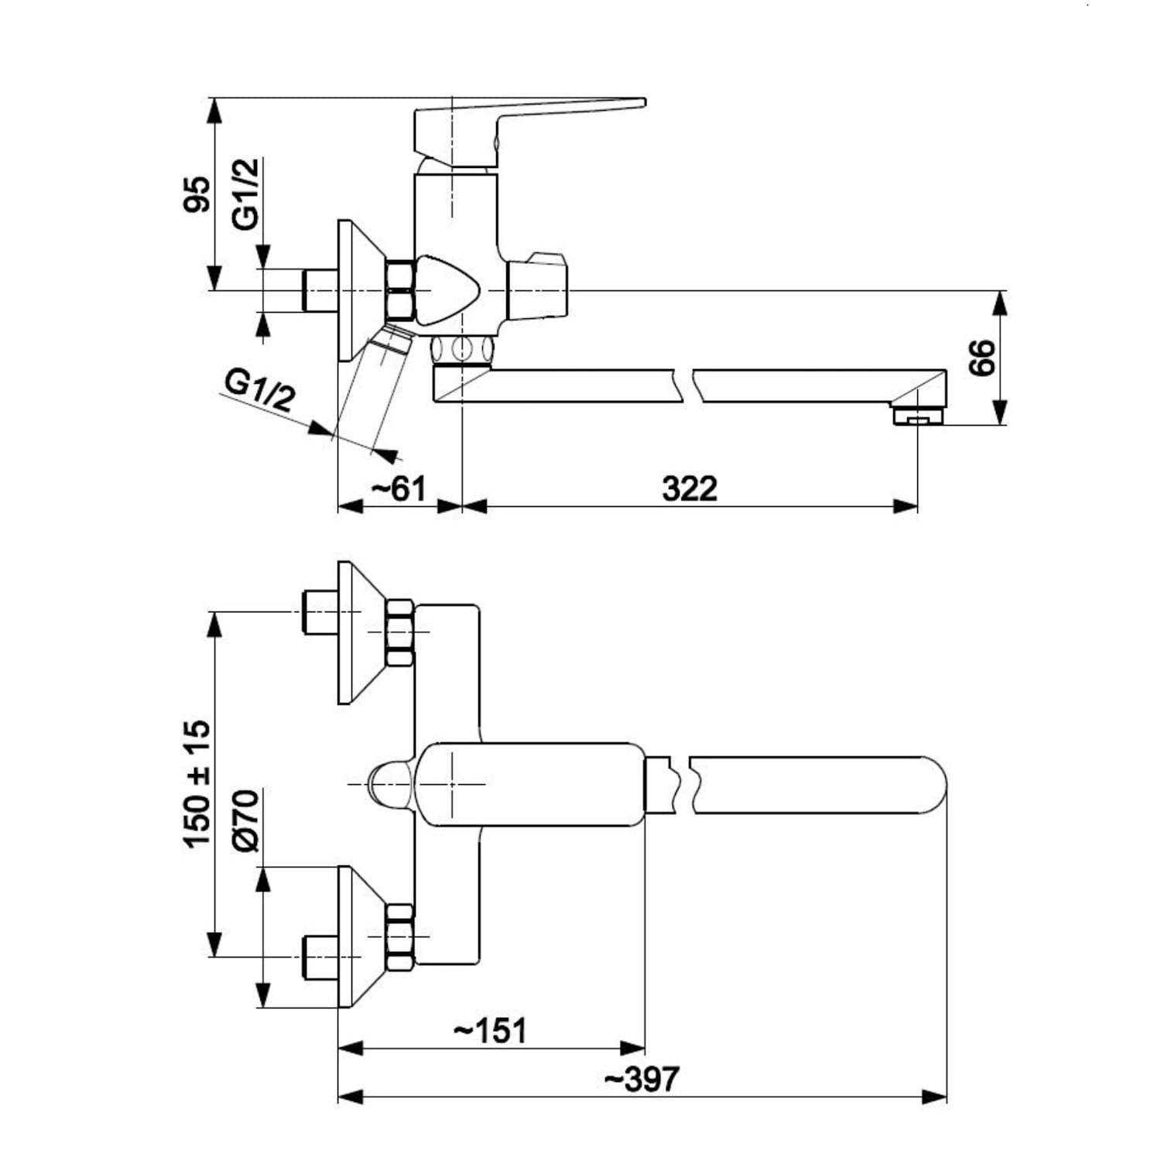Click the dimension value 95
197,194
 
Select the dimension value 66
981,358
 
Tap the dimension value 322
690,489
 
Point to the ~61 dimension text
399,489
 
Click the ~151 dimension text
491,1031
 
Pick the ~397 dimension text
642,1079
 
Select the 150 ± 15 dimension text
197,783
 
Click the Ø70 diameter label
245,821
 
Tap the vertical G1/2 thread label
245,194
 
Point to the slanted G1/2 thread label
260,390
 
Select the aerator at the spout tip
918,416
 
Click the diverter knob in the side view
538,286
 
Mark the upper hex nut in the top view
399,632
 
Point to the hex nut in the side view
399,290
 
